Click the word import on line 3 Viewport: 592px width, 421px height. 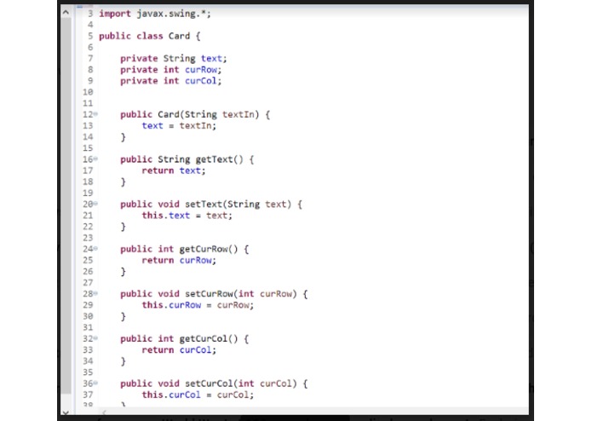point(115,14)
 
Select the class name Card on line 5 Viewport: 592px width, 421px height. point(179,36)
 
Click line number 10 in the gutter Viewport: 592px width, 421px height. point(88,92)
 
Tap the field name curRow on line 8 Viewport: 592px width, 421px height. point(201,70)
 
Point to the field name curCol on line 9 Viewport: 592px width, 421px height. point(201,81)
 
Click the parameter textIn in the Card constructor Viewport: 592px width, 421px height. point(239,114)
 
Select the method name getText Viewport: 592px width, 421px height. point(214,159)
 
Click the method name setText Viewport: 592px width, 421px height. point(204,205)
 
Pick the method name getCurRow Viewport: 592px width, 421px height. point(204,249)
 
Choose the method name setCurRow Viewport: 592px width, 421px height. point(209,294)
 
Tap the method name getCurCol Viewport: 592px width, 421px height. point(204,338)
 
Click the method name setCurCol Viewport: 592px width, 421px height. point(209,384)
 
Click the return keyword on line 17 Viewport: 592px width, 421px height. point(158,170)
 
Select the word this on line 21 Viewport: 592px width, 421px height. point(152,216)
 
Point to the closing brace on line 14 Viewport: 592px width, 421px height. point(123,137)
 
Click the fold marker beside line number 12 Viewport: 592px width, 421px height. point(95,114)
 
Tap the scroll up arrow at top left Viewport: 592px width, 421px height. point(66,13)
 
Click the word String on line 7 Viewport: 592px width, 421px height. point(180,59)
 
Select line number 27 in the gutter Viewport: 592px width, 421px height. point(88,283)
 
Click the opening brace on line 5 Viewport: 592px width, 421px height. point(198,37)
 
